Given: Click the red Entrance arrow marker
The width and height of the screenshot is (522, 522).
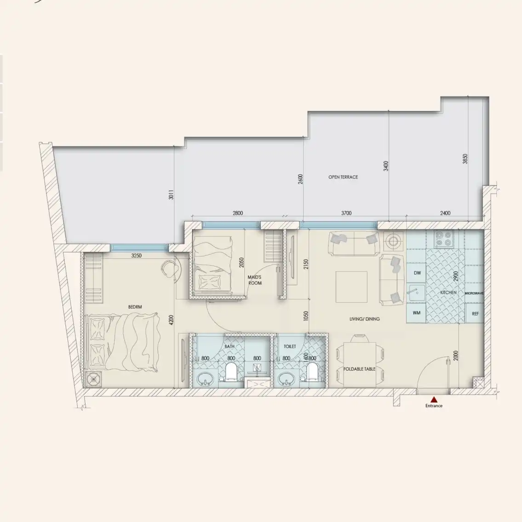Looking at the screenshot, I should (433, 399).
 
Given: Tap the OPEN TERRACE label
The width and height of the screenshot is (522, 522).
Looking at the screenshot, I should (343, 177).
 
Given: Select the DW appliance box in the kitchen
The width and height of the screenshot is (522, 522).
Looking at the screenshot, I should (417, 273).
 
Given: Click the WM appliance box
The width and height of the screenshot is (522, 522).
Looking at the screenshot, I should (417, 313).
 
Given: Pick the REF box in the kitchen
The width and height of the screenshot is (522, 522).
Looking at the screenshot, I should (475, 313).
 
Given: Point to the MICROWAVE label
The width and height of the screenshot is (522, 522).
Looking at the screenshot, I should (474, 293).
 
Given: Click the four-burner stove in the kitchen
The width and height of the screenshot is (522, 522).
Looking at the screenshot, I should (444, 239).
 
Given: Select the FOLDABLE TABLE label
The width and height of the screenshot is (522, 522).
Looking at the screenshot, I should (360, 369).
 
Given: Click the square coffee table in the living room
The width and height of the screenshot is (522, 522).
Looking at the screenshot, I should (351, 287).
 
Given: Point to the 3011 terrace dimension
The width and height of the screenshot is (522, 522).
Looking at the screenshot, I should (171, 195).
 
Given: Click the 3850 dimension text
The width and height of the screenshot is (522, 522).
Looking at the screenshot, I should (465, 159).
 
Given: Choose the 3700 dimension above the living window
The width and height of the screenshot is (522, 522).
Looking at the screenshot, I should (346, 213).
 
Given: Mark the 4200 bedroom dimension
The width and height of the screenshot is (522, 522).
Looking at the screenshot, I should (171, 320).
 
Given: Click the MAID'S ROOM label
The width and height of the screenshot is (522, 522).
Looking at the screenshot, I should (255, 280).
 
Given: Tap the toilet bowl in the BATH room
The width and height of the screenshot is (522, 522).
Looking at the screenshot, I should (231, 372).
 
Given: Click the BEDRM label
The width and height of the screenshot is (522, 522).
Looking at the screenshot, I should (135, 307).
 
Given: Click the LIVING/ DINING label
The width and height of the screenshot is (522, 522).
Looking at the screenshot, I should (364, 319).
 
